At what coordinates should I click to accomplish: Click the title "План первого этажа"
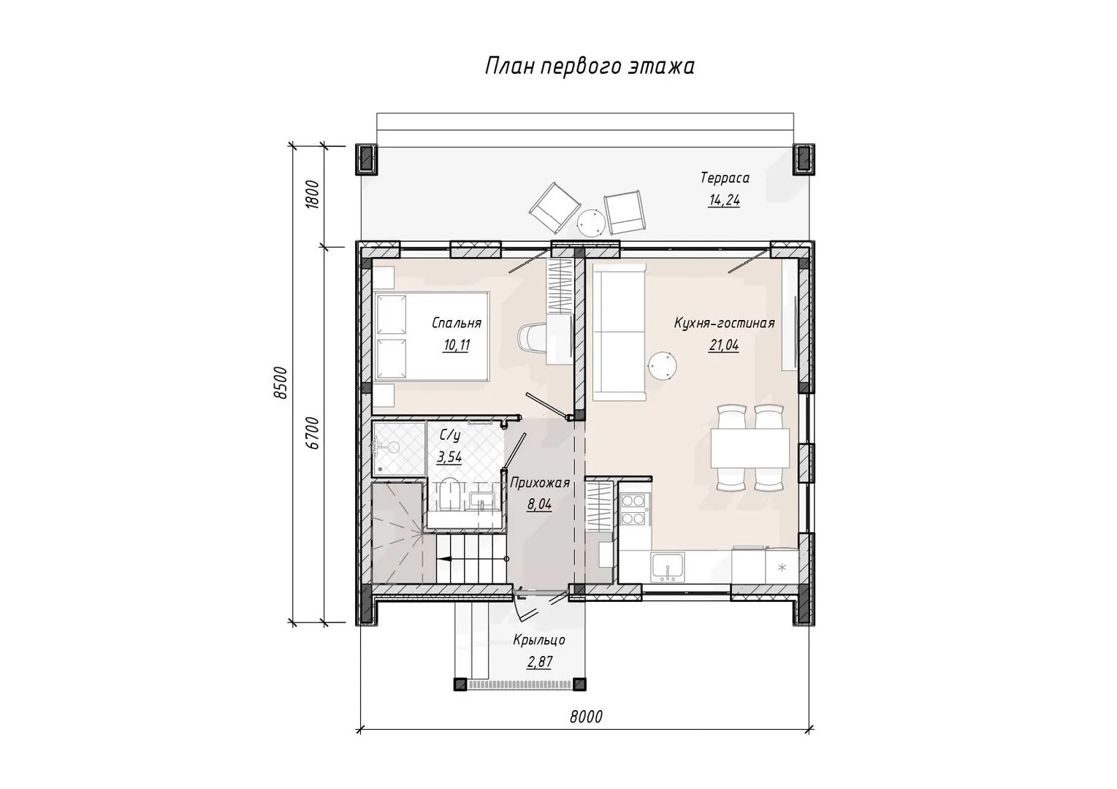[x=590, y=66]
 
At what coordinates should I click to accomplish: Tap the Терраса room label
[x=725, y=178]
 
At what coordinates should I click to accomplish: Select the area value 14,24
[x=724, y=200]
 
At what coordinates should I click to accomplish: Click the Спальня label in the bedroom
[x=457, y=323]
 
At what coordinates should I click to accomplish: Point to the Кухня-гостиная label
[x=724, y=323]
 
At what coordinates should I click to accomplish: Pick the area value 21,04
[x=723, y=345]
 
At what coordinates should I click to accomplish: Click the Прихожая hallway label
[x=540, y=483]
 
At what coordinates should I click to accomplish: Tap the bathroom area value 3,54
[x=449, y=457]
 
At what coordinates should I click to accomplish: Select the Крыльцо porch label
[x=539, y=640]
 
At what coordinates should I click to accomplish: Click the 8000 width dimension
[x=586, y=717]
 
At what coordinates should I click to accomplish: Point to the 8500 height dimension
[x=282, y=383]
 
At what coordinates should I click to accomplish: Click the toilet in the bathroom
[x=450, y=495]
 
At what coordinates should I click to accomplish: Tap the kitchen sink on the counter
[x=667, y=567]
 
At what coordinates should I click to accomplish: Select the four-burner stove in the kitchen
[x=633, y=509]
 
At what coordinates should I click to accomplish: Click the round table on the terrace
[x=592, y=221]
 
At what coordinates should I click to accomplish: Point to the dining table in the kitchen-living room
[x=750, y=447]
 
